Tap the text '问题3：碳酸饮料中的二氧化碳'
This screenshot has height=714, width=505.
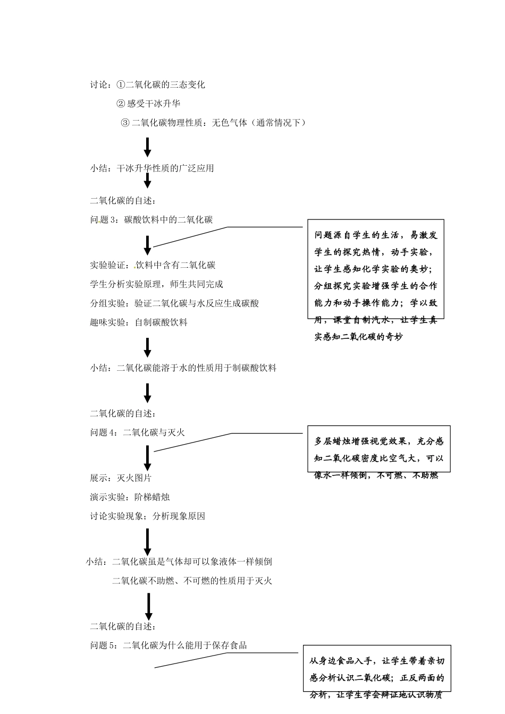pyautogui.click(x=151, y=219)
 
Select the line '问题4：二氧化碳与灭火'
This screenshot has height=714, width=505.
pyautogui.click(x=138, y=432)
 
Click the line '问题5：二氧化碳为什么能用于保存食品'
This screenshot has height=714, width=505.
pyautogui.click(x=169, y=645)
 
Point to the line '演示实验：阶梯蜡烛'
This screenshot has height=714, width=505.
pyautogui.click(x=130, y=497)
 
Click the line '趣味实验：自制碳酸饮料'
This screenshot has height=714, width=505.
pyautogui.click(x=139, y=322)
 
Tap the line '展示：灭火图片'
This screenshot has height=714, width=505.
pyautogui.click(x=121, y=478)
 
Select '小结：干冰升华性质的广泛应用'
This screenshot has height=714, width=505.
pyautogui.click(x=152, y=168)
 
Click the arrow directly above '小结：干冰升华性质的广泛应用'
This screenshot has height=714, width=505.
pyautogui.click(x=148, y=147)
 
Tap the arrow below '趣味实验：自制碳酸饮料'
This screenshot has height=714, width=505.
pyautogui.click(x=148, y=347)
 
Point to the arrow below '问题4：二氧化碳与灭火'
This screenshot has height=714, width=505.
pyautogui.click(x=148, y=457)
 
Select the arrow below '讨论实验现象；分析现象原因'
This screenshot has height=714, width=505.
pyautogui.click(x=148, y=542)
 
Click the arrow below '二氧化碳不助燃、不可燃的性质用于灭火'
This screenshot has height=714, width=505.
pyautogui.click(x=149, y=606)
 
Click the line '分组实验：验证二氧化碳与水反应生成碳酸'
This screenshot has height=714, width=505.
pyautogui.click(x=174, y=303)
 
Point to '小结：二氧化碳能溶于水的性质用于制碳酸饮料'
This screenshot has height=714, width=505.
pyautogui.click(x=183, y=368)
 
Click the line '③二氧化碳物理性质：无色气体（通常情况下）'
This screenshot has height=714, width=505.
pyautogui.click(x=214, y=123)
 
